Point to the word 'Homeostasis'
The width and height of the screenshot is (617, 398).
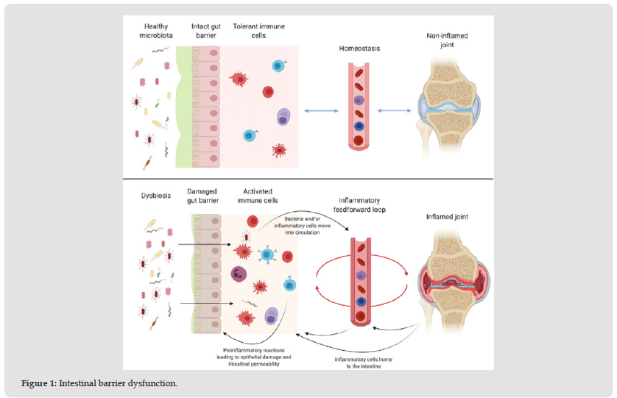(x=359, y=49)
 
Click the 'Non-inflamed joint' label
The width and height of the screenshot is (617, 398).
(x=446, y=40)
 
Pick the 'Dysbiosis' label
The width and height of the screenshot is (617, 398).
(x=155, y=196)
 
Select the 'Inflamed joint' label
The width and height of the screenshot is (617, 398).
(x=446, y=216)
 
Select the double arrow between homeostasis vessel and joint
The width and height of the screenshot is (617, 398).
(x=395, y=110)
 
